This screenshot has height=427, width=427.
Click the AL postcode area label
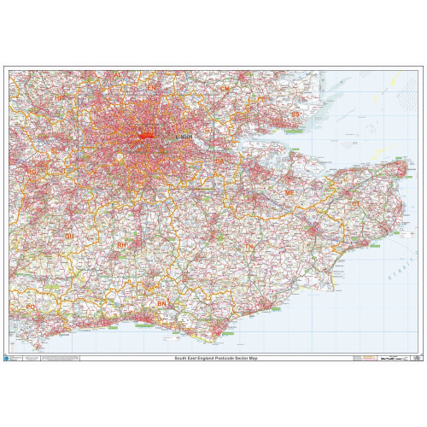pyautogui.click(x=116, y=74)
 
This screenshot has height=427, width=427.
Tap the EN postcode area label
pyautogui.click(x=152, y=87)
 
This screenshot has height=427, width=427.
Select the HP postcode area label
pyautogui.click(x=60, y=99)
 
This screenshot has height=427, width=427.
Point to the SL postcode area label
pyautogui.click(x=56, y=151)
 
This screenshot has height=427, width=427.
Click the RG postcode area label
pyautogui.click(x=32, y=172)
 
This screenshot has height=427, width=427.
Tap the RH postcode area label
pyautogui.click(x=122, y=244)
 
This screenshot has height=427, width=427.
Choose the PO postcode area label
pyautogui.click(x=31, y=306)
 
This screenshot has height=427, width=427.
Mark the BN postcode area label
pyautogui.click(x=162, y=303)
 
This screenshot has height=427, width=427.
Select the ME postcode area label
pyautogui.click(x=290, y=193)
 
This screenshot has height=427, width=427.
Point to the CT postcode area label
pyautogui.click(x=355, y=204)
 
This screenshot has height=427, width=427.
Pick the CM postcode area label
pyautogui.click(x=225, y=88)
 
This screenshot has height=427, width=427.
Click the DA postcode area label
pyautogui.click(x=220, y=160)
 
